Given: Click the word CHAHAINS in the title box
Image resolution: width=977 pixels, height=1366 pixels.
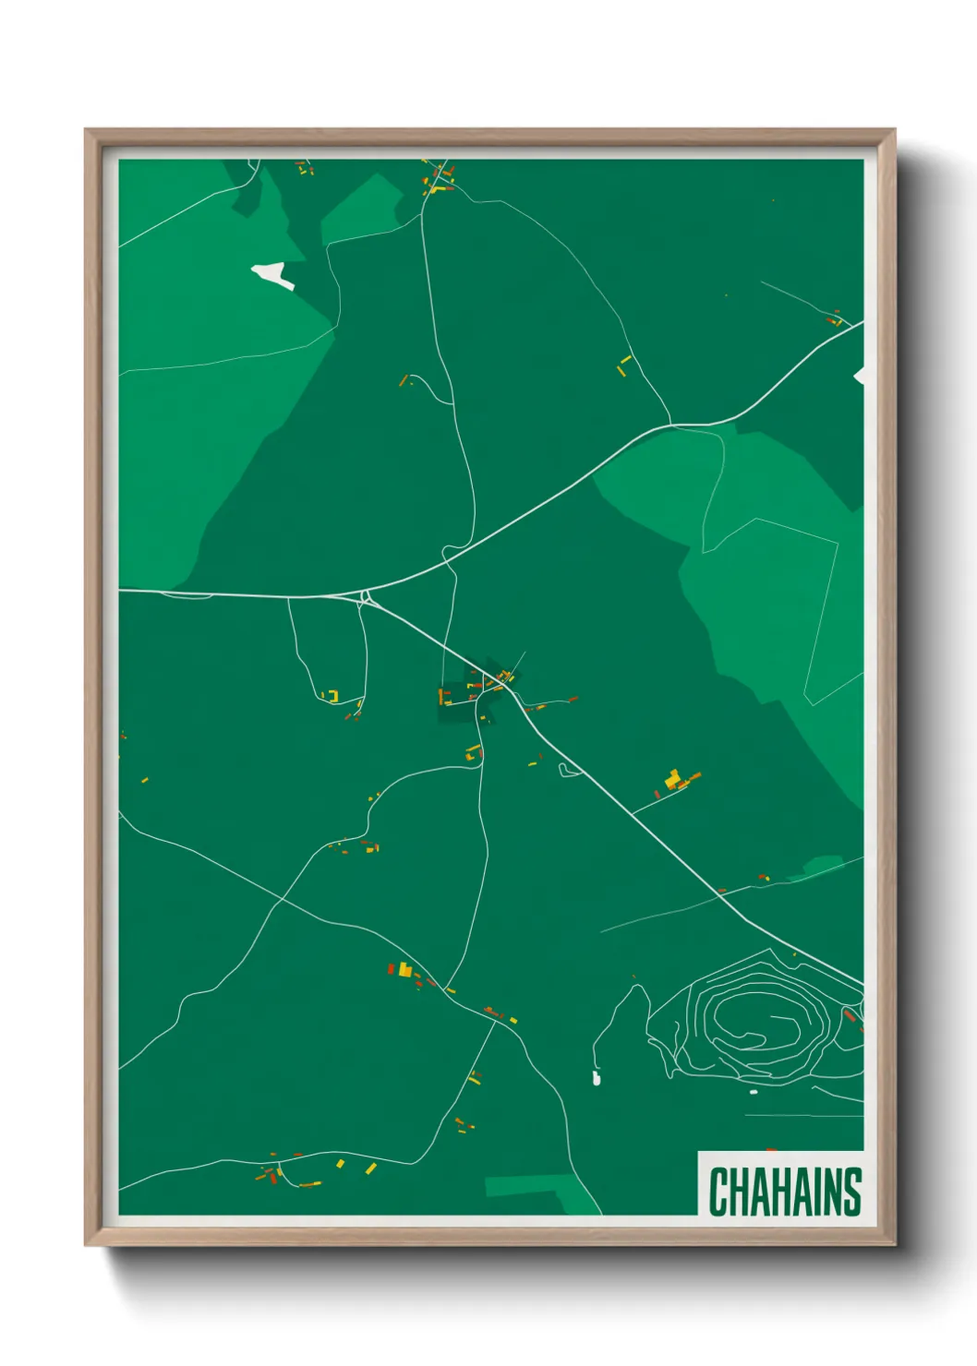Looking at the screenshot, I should click(785, 1192).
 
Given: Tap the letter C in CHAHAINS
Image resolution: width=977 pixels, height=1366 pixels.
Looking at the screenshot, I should click(718, 1192).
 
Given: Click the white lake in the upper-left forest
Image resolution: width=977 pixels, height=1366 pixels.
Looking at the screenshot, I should click(271, 273).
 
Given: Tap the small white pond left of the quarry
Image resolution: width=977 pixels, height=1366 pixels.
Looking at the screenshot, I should click(596, 1077).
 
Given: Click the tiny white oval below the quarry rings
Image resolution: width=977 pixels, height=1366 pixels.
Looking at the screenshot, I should click(753, 1092).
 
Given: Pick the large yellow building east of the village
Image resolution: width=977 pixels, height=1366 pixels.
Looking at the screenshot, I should click(673, 778).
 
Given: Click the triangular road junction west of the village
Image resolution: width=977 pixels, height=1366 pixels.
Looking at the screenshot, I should click(367, 596).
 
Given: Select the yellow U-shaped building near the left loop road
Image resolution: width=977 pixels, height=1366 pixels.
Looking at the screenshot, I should click(332, 695).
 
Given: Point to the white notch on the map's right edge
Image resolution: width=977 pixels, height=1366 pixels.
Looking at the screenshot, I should click(860, 375).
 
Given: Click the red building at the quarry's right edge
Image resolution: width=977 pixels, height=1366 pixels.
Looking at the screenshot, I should click(849, 1014).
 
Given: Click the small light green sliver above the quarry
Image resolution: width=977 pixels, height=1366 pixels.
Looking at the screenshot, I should click(822, 866).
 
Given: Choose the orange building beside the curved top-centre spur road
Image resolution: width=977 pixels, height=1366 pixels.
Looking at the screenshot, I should click(404, 380).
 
